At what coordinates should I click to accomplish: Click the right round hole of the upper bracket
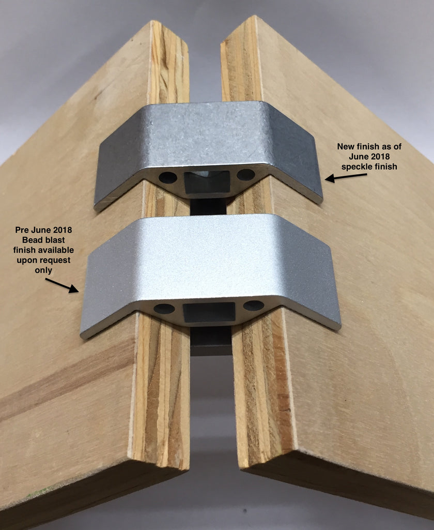click(x=246, y=175)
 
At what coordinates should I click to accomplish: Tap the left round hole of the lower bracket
click(x=164, y=308)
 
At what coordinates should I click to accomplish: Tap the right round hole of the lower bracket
click(x=254, y=305)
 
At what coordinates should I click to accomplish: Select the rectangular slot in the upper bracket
click(x=207, y=182)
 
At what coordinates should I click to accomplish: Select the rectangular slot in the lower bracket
click(x=209, y=312)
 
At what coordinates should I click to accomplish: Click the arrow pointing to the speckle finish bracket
click(x=346, y=177)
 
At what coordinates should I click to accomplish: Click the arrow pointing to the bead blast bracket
click(x=62, y=286)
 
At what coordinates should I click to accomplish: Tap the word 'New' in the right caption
click(x=345, y=146)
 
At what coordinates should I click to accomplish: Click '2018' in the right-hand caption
click(x=380, y=156)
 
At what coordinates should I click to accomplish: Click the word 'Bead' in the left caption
click(x=32, y=240)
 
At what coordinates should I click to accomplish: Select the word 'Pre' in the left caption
click(x=22, y=230)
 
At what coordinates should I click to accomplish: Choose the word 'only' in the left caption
click(x=43, y=271)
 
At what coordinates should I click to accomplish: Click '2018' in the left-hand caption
click(x=62, y=230)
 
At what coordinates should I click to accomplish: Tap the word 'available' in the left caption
click(x=56, y=250)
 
